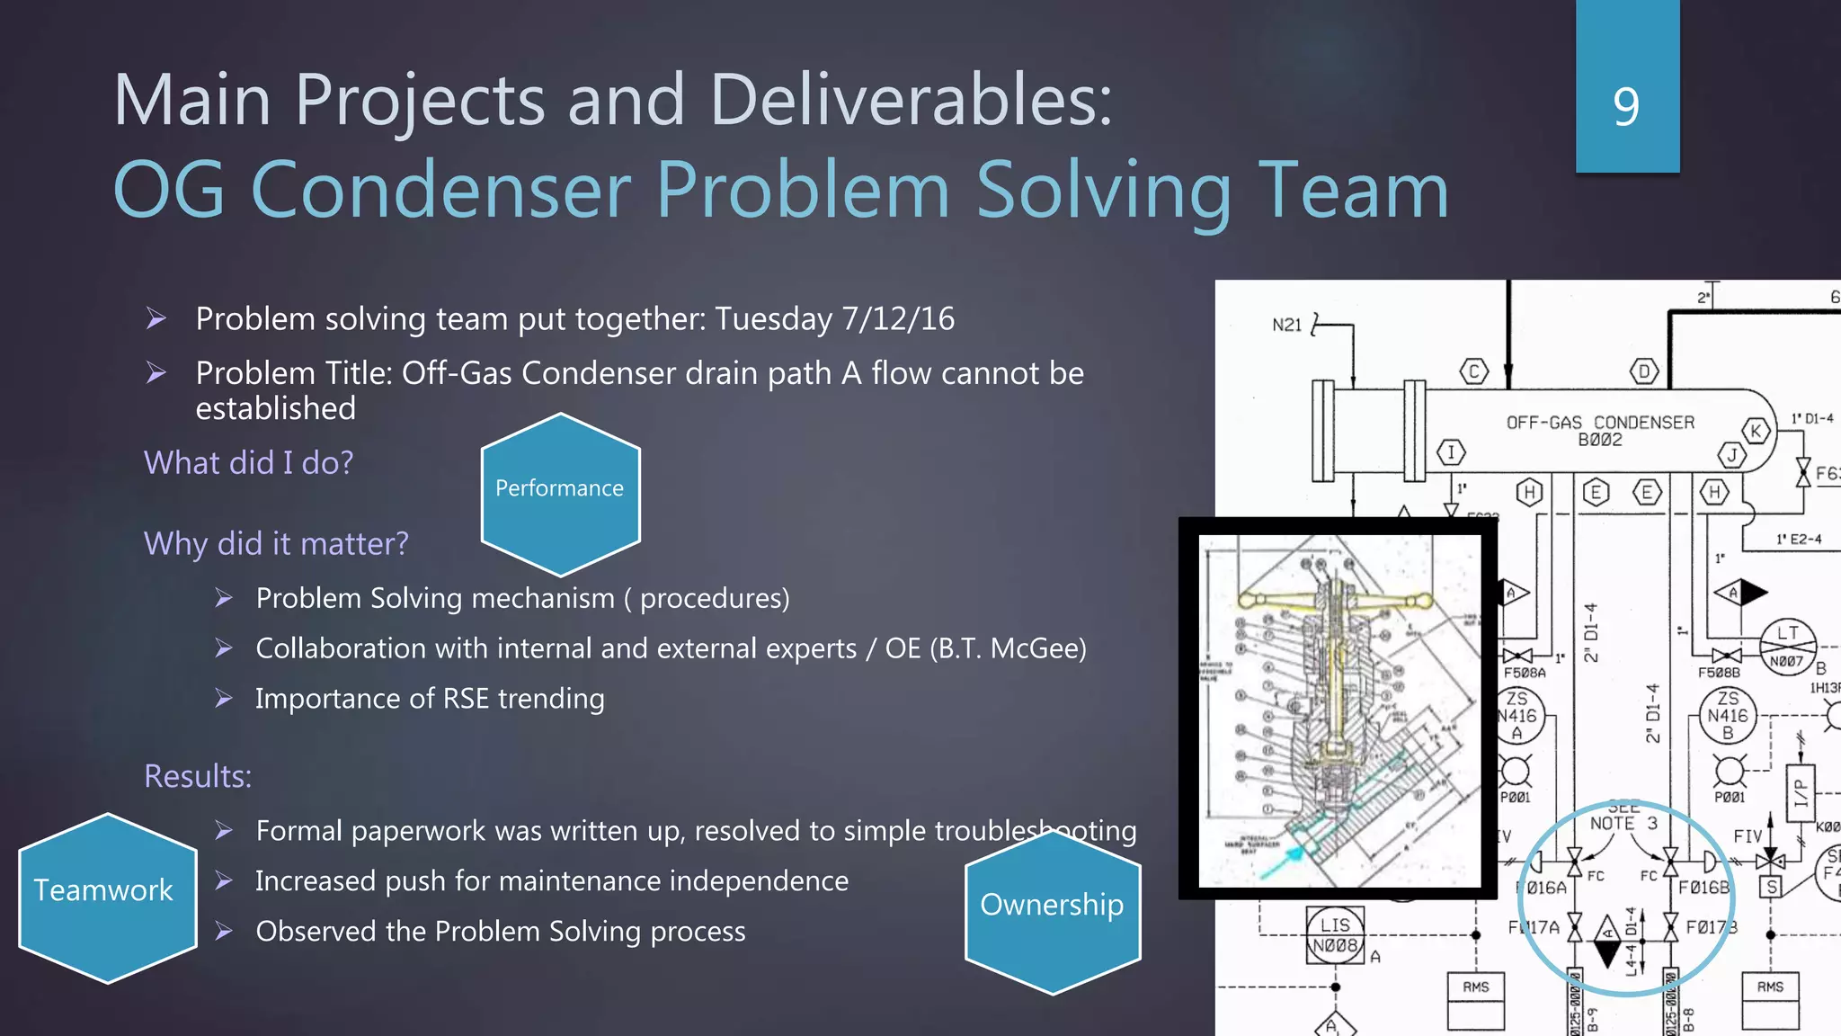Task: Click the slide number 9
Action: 1625,106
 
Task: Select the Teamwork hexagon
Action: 105,896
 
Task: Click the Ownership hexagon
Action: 1052,908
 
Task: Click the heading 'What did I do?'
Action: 248,463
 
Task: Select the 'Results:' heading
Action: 198,776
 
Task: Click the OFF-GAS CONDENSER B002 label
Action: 1600,431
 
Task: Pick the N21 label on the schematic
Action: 1286,325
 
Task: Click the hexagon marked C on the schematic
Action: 1473,371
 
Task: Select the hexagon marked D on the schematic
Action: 1644,371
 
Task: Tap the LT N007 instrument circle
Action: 1787,645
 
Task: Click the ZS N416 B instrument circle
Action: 1727,716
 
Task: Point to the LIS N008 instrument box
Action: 1335,935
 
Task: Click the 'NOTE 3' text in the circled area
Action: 1623,823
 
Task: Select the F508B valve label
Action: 1718,673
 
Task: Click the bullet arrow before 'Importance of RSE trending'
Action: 224,699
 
